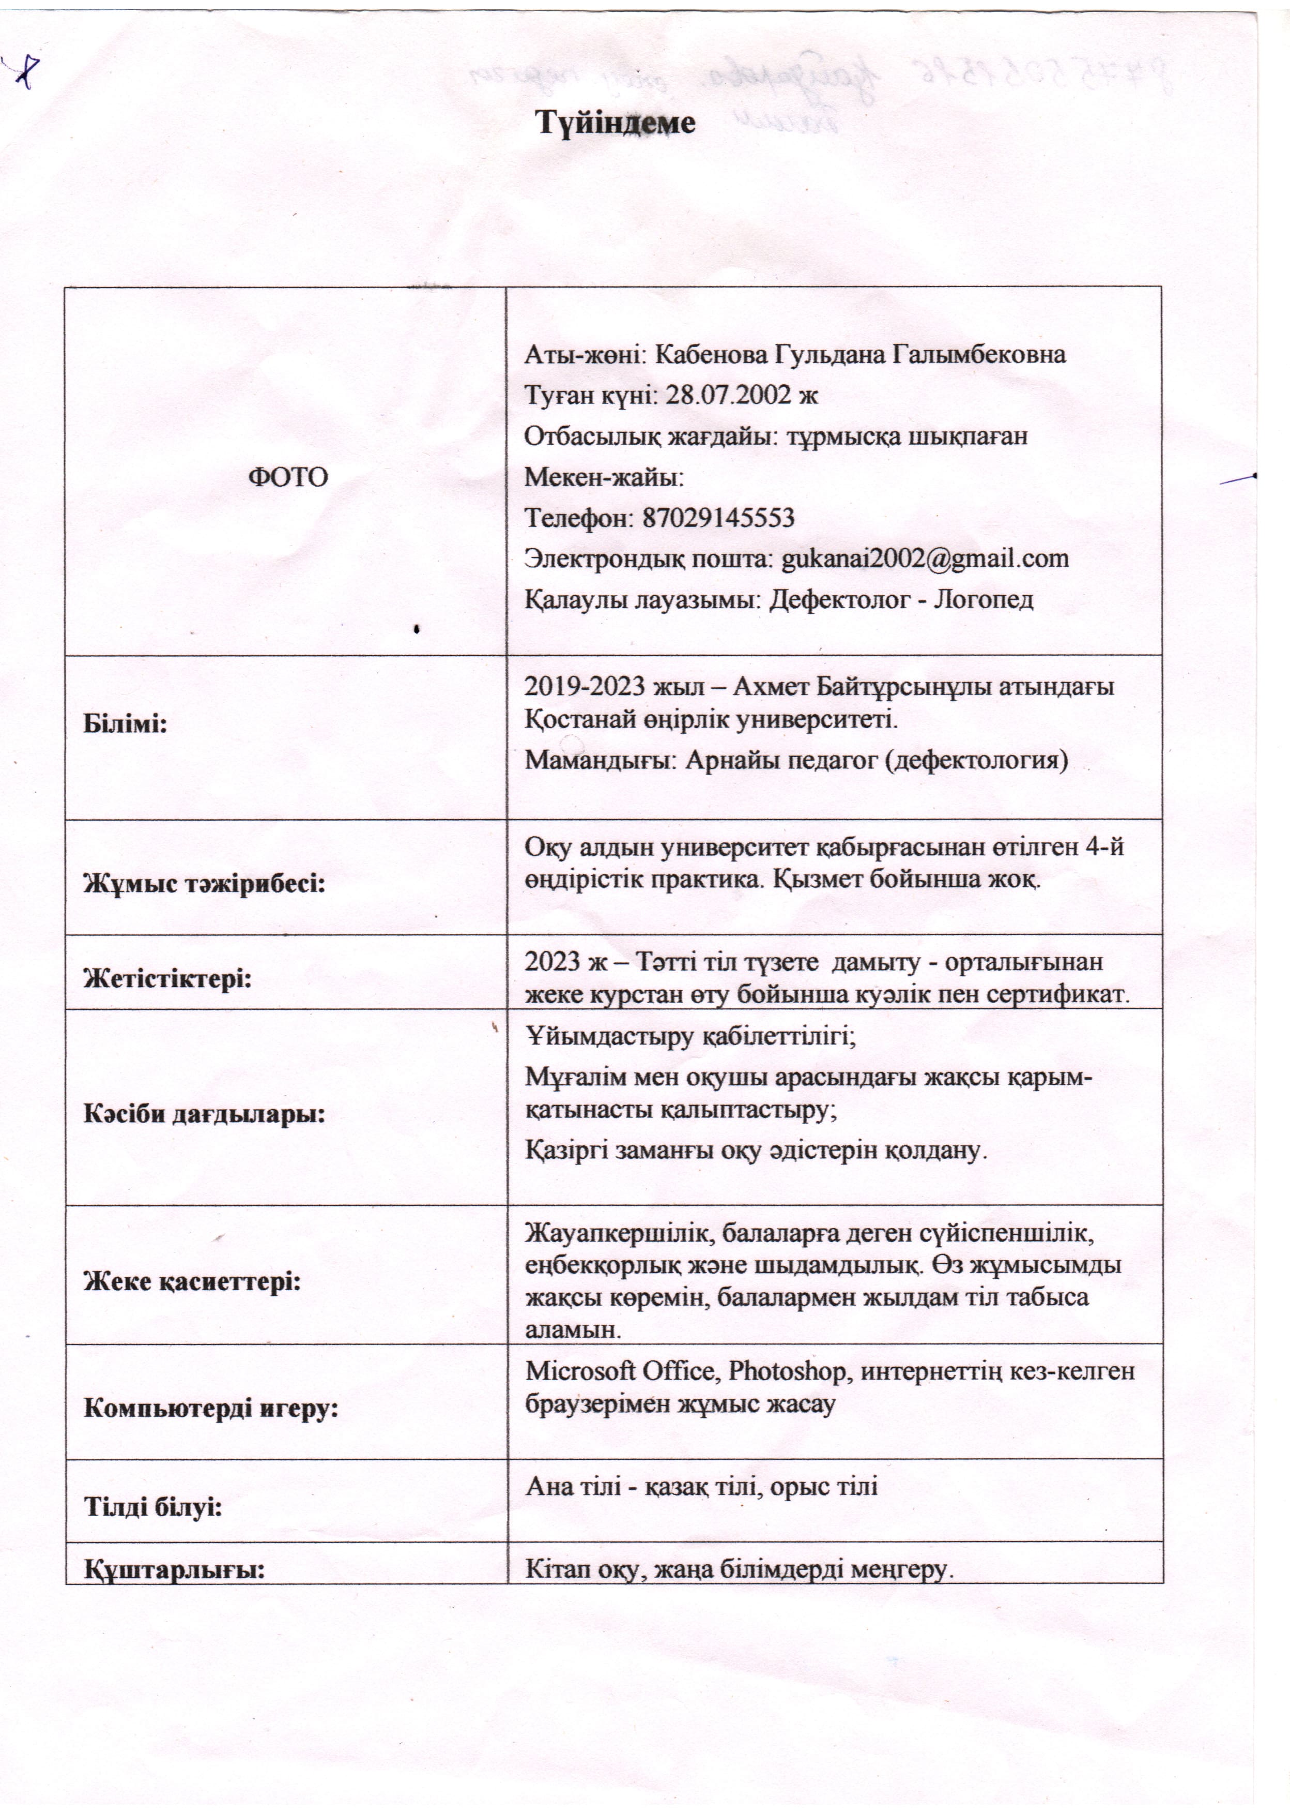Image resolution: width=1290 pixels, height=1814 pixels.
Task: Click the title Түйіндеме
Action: pyautogui.click(x=616, y=123)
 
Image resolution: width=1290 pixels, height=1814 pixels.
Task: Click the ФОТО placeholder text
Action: pyautogui.click(x=288, y=477)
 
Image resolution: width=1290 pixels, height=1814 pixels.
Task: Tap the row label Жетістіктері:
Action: pyautogui.click(x=167, y=978)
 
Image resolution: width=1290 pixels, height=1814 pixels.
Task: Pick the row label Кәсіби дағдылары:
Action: pyautogui.click(x=205, y=1114)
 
